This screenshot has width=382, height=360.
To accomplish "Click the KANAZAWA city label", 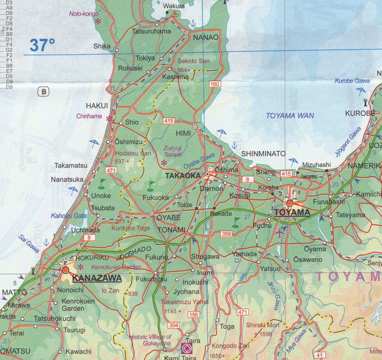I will pos(97,278).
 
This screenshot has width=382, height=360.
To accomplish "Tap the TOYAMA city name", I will pos(292,212).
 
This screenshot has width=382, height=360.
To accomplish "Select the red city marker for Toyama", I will pos(289,203).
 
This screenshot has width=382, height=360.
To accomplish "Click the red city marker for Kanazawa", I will pos(66,269).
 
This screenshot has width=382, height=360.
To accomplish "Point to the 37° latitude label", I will pos(42,45).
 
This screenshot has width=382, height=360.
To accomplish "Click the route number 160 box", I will pos(215,84).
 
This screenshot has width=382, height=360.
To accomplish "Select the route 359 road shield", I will pos(226,234).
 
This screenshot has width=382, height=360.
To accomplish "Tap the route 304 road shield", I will pos(173,325).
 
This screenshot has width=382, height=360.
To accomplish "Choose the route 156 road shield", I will pos(194,315).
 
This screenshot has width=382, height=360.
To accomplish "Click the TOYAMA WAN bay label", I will pos(290,116).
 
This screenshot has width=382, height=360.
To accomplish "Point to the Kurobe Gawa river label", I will pos(352,81).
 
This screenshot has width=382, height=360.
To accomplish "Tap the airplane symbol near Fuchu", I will pos(280,233).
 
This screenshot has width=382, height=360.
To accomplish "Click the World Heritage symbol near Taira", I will pos(186,349).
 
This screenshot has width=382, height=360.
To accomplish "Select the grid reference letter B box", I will pos(44,91).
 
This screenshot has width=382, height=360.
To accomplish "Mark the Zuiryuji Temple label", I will pos(173,151).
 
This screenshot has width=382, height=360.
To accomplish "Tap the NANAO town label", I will pos(206,37).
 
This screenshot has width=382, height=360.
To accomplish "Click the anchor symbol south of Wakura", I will pos(193,24).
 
